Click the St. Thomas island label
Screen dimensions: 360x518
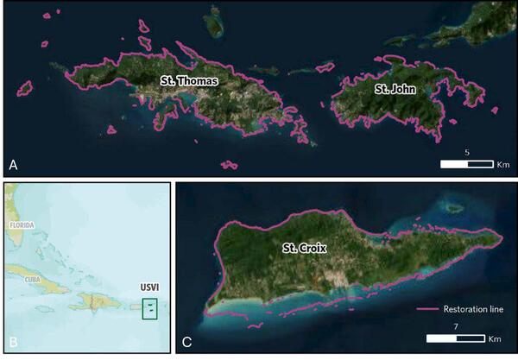[x=188, y=80]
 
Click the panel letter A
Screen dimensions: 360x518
[x=13, y=164]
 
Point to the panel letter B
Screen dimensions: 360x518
[x=13, y=343]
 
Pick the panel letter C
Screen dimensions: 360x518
[x=186, y=343]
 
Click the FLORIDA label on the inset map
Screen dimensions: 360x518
[x=22, y=224]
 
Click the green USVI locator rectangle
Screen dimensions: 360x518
[x=149, y=308]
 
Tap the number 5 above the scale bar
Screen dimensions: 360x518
[x=467, y=152]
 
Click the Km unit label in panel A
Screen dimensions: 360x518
[x=502, y=164]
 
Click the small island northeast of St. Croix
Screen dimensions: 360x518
[x=452, y=207]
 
